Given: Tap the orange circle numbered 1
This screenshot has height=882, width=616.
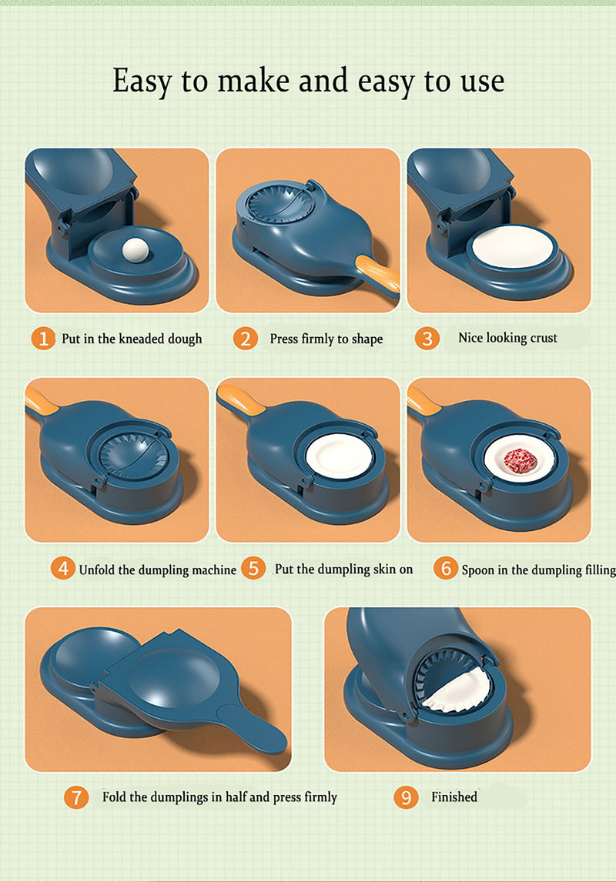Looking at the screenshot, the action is click(x=43, y=339).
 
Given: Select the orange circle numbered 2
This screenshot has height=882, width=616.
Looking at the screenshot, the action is click(x=246, y=339).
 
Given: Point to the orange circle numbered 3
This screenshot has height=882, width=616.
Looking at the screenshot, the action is click(x=427, y=338).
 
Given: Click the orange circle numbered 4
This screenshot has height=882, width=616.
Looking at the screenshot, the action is click(x=62, y=569).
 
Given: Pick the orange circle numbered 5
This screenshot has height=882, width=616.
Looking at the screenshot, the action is click(x=253, y=568).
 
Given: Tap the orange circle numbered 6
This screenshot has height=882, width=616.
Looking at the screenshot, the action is click(x=445, y=568).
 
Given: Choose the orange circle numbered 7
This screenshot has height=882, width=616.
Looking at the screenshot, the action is click(x=76, y=797).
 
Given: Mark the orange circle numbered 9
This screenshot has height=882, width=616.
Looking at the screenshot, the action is click(x=406, y=797).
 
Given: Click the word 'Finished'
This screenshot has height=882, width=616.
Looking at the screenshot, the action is click(x=454, y=797).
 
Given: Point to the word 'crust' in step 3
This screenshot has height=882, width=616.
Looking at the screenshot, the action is click(x=542, y=338).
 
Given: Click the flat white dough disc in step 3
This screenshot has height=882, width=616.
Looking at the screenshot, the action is click(x=513, y=247).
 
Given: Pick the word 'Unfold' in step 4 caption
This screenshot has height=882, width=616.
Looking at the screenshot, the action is click(x=98, y=570).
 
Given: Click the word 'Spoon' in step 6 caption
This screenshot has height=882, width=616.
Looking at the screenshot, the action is click(x=477, y=570).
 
